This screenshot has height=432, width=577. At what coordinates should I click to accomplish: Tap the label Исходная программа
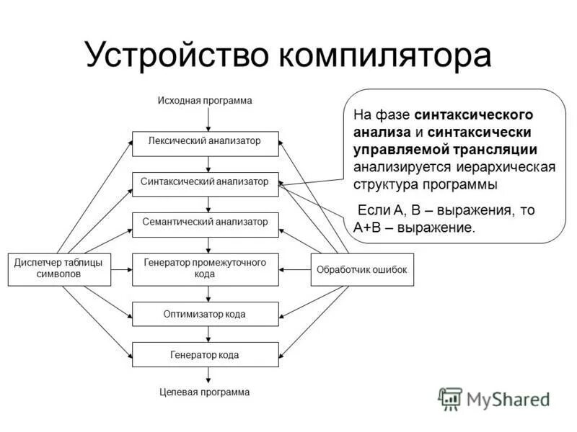pos(205,101)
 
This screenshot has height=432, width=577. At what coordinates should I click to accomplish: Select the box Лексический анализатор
pos(205,143)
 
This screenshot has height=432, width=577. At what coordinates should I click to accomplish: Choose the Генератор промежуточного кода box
pos(205,269)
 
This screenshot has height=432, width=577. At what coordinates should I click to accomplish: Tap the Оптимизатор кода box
pos(205,314)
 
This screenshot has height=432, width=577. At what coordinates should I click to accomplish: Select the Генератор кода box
pos(205,355)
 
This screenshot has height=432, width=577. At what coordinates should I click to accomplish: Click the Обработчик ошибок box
pos(362,269)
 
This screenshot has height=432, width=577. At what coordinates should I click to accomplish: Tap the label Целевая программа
pos(205,392)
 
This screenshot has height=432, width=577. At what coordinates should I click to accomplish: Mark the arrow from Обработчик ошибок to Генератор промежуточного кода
pos(294,269)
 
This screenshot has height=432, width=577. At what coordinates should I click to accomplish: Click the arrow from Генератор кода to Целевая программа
pos(208,376)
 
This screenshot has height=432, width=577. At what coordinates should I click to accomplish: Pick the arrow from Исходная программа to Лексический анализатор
pos(208,120)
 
